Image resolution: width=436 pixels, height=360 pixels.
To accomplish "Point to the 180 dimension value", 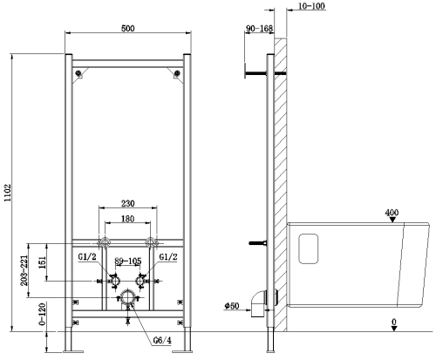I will (x=129, y=220).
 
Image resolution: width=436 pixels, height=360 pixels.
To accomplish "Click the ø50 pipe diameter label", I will (x=233, y=305).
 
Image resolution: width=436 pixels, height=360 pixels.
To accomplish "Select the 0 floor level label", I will (x=394, y=323).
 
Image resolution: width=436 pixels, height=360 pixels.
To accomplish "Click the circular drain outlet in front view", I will (x=129, y=298).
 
